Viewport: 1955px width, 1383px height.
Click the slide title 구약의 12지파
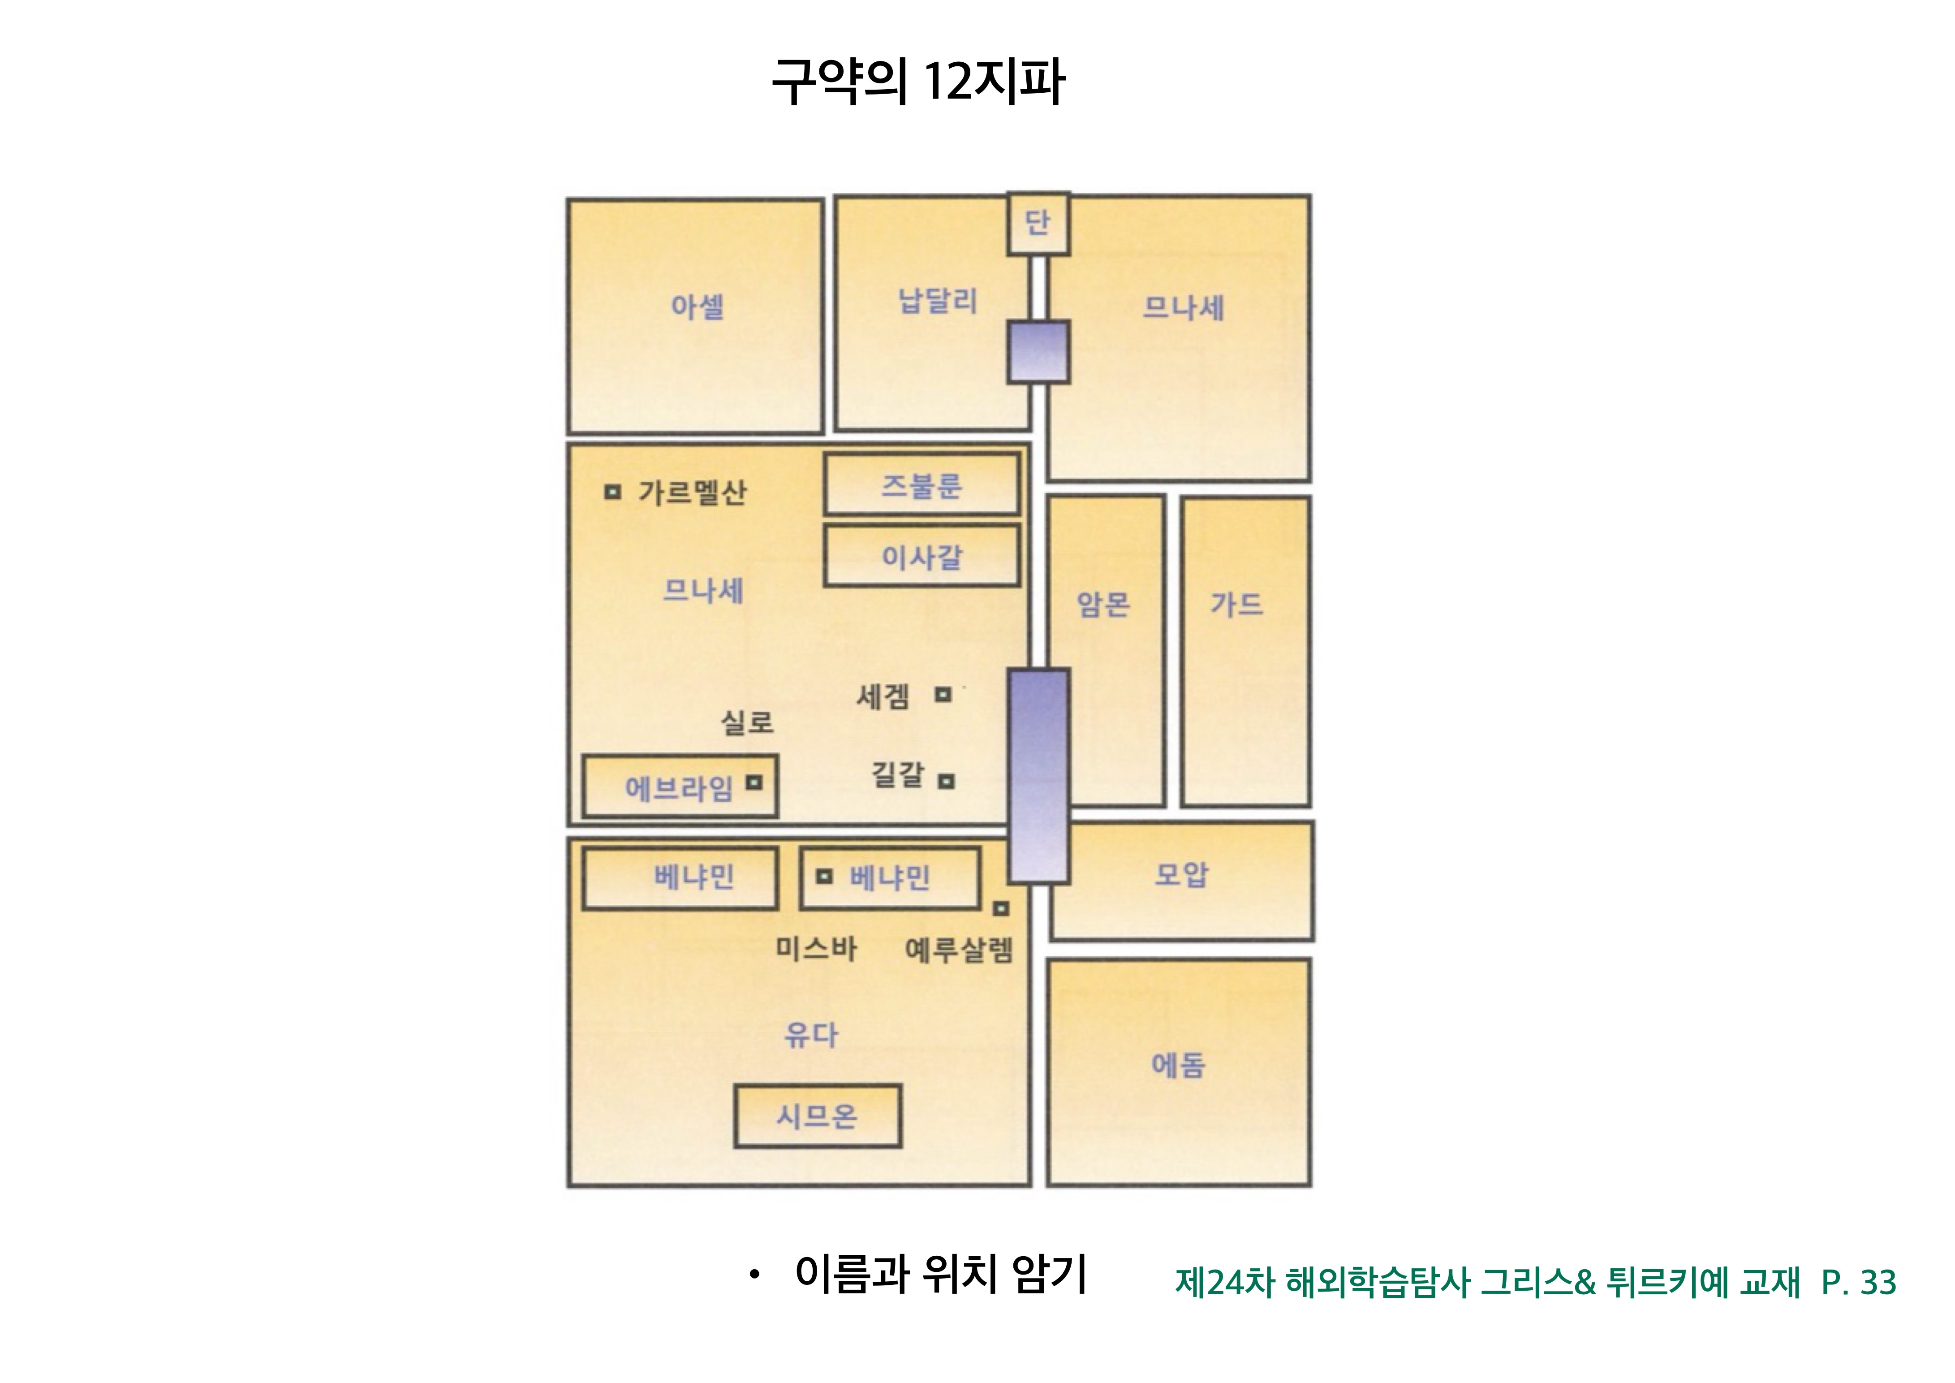918,82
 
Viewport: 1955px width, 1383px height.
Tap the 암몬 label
1103,604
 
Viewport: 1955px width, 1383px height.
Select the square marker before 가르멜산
612,492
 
